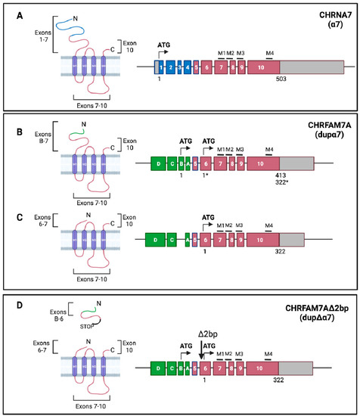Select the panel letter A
pos(11,14)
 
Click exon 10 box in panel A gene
pos(261,67)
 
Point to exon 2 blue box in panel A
pos(172,67)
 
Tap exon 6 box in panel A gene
pos(206,67)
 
